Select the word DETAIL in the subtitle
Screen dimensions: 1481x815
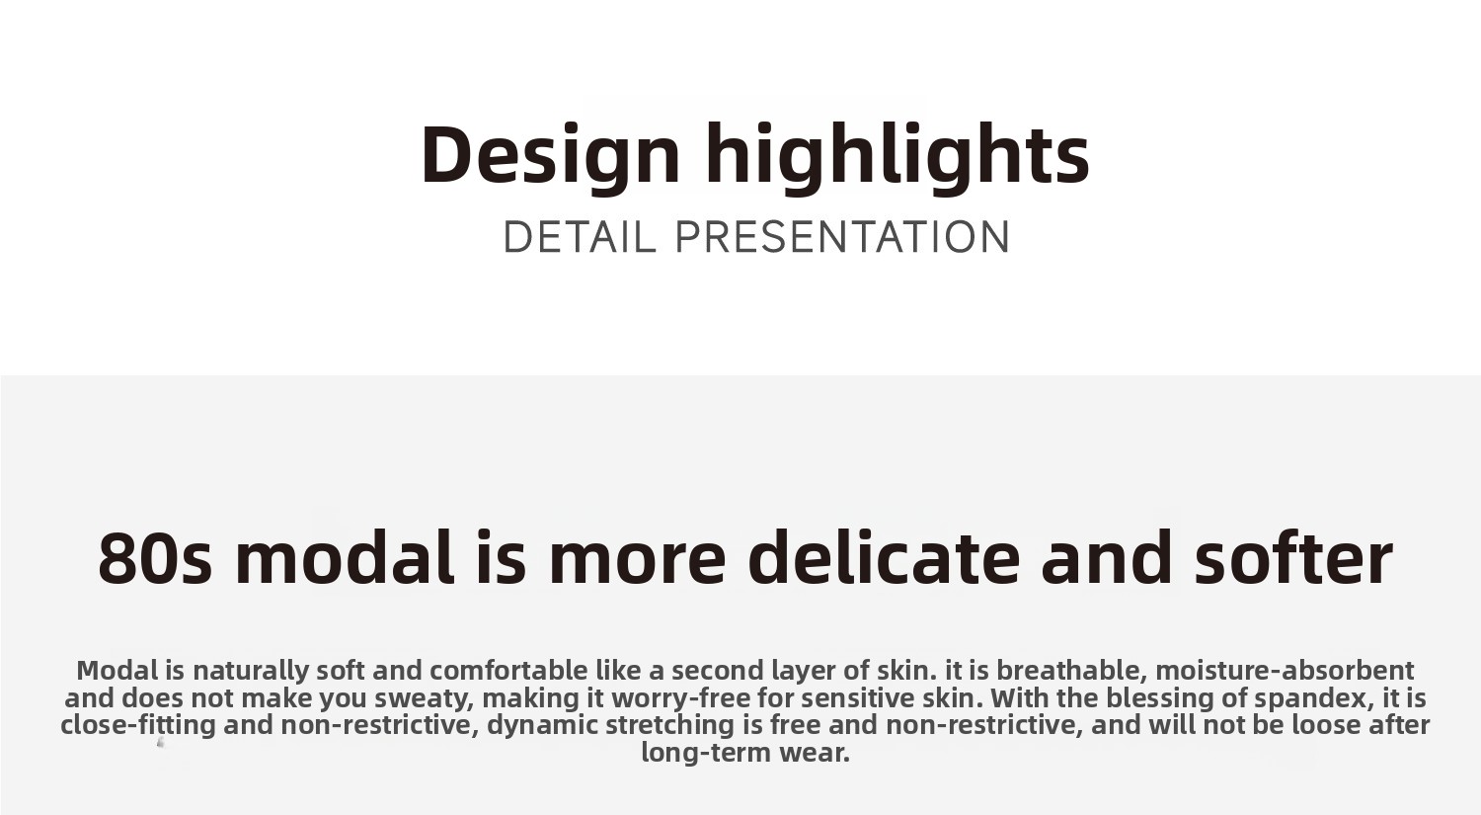(x=580, y=237)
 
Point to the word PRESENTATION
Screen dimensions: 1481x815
(x=842, y=237)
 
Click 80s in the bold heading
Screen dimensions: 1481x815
(x=155, y=558)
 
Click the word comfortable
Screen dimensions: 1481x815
(x=508, y=671)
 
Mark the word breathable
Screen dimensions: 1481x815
(x=1071, y=671)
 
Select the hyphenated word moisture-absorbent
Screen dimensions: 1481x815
(x=1285, y=671)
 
